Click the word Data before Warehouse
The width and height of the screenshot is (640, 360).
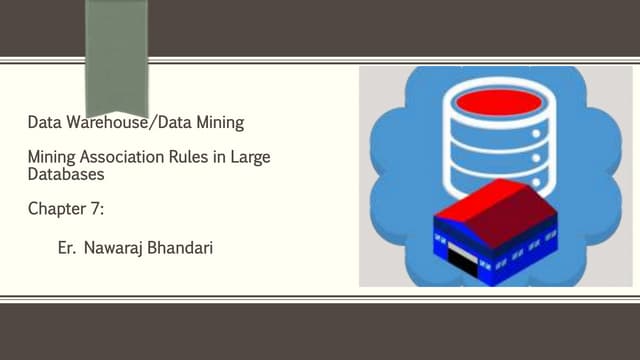(45, 125)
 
